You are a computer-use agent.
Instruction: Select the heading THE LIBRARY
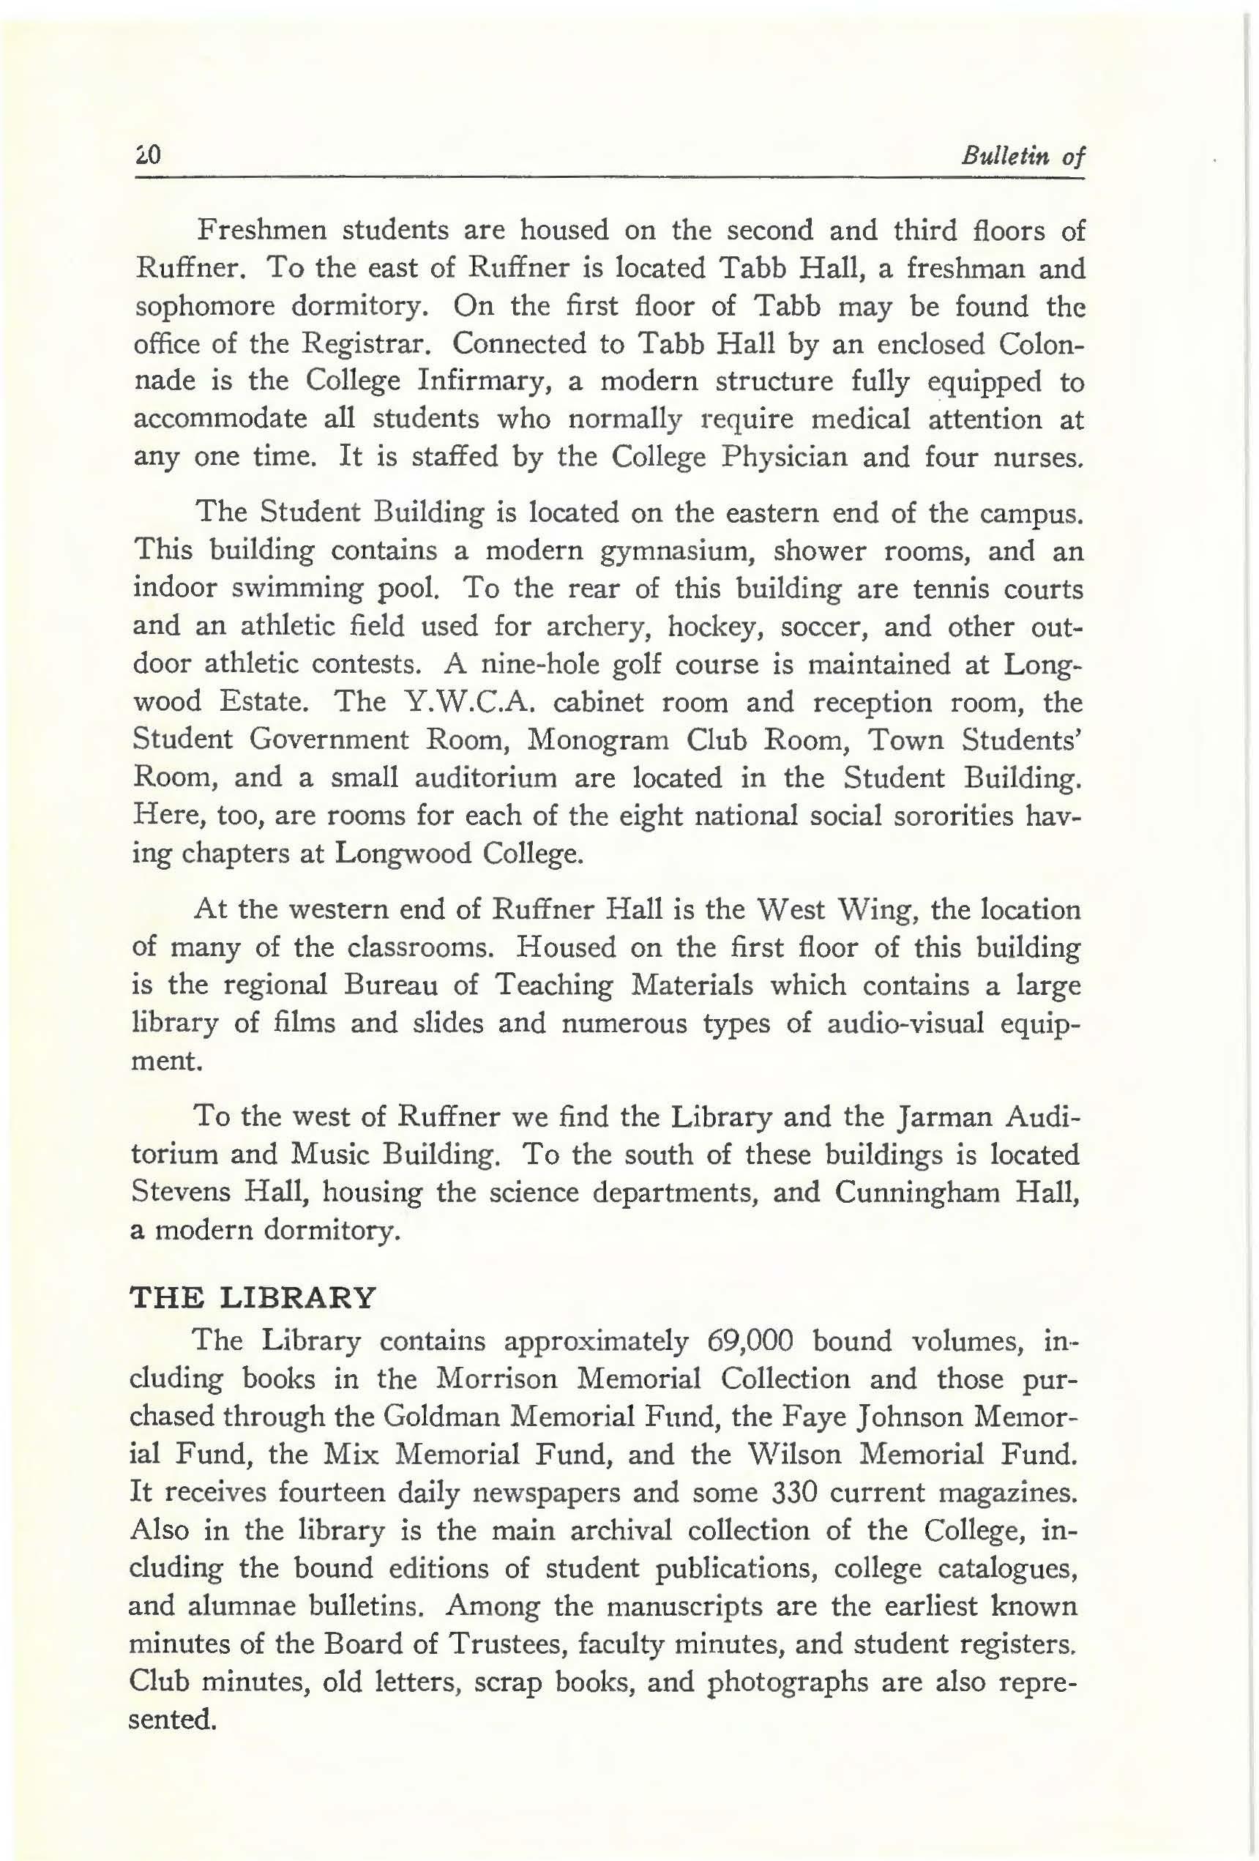pyautogui.click(x=253, y=1296)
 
